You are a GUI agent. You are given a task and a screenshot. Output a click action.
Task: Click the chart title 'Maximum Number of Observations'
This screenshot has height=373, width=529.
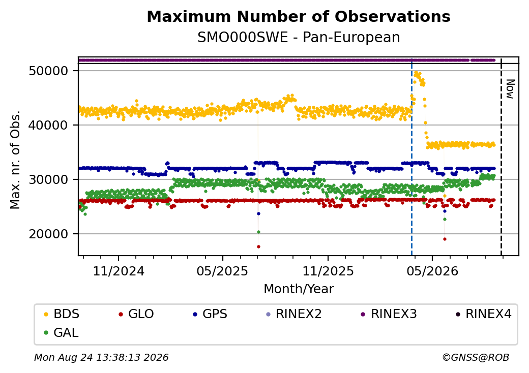point(299,16)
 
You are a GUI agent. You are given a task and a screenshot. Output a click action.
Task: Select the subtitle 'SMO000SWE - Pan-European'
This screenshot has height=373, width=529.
point(299,38)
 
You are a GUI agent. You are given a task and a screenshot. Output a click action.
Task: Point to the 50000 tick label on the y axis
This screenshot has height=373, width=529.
point(49,71)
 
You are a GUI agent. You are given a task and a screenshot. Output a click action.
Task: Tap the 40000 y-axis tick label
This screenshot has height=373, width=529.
point(49,126)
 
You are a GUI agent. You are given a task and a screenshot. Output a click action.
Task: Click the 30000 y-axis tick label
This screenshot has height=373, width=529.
point(49,179)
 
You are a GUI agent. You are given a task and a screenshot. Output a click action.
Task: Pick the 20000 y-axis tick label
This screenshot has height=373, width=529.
point(49,234)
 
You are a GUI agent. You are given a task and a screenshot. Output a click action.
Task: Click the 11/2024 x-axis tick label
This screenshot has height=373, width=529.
point(119,271)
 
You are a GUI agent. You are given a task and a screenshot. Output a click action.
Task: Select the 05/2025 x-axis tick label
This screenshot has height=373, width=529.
point(222,271)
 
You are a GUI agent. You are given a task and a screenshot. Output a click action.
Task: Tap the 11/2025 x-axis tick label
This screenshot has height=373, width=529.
point(328,271)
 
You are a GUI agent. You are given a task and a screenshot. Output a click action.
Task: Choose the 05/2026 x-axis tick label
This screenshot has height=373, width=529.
point(432,271)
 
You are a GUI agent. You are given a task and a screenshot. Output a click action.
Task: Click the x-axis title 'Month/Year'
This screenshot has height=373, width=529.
point(299,289)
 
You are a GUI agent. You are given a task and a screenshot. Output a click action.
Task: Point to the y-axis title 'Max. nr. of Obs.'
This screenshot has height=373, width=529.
point(15,160)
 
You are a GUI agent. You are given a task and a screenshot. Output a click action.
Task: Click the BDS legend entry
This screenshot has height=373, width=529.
point(62,314)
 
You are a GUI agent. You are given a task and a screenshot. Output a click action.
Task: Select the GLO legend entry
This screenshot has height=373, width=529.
point(136,314)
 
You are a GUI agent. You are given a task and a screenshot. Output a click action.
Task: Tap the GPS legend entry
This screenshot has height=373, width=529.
point(210,314)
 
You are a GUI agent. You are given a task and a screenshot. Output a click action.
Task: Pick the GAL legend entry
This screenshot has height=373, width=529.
point(62,332)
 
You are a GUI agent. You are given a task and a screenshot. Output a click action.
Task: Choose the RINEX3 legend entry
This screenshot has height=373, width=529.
point(389,314)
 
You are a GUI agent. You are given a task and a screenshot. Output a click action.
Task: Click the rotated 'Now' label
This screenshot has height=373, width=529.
point(511,89)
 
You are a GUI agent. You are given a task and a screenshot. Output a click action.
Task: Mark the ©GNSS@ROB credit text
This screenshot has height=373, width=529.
point(476,357)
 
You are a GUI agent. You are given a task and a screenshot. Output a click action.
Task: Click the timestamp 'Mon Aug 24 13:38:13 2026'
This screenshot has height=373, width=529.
point(101,357)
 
